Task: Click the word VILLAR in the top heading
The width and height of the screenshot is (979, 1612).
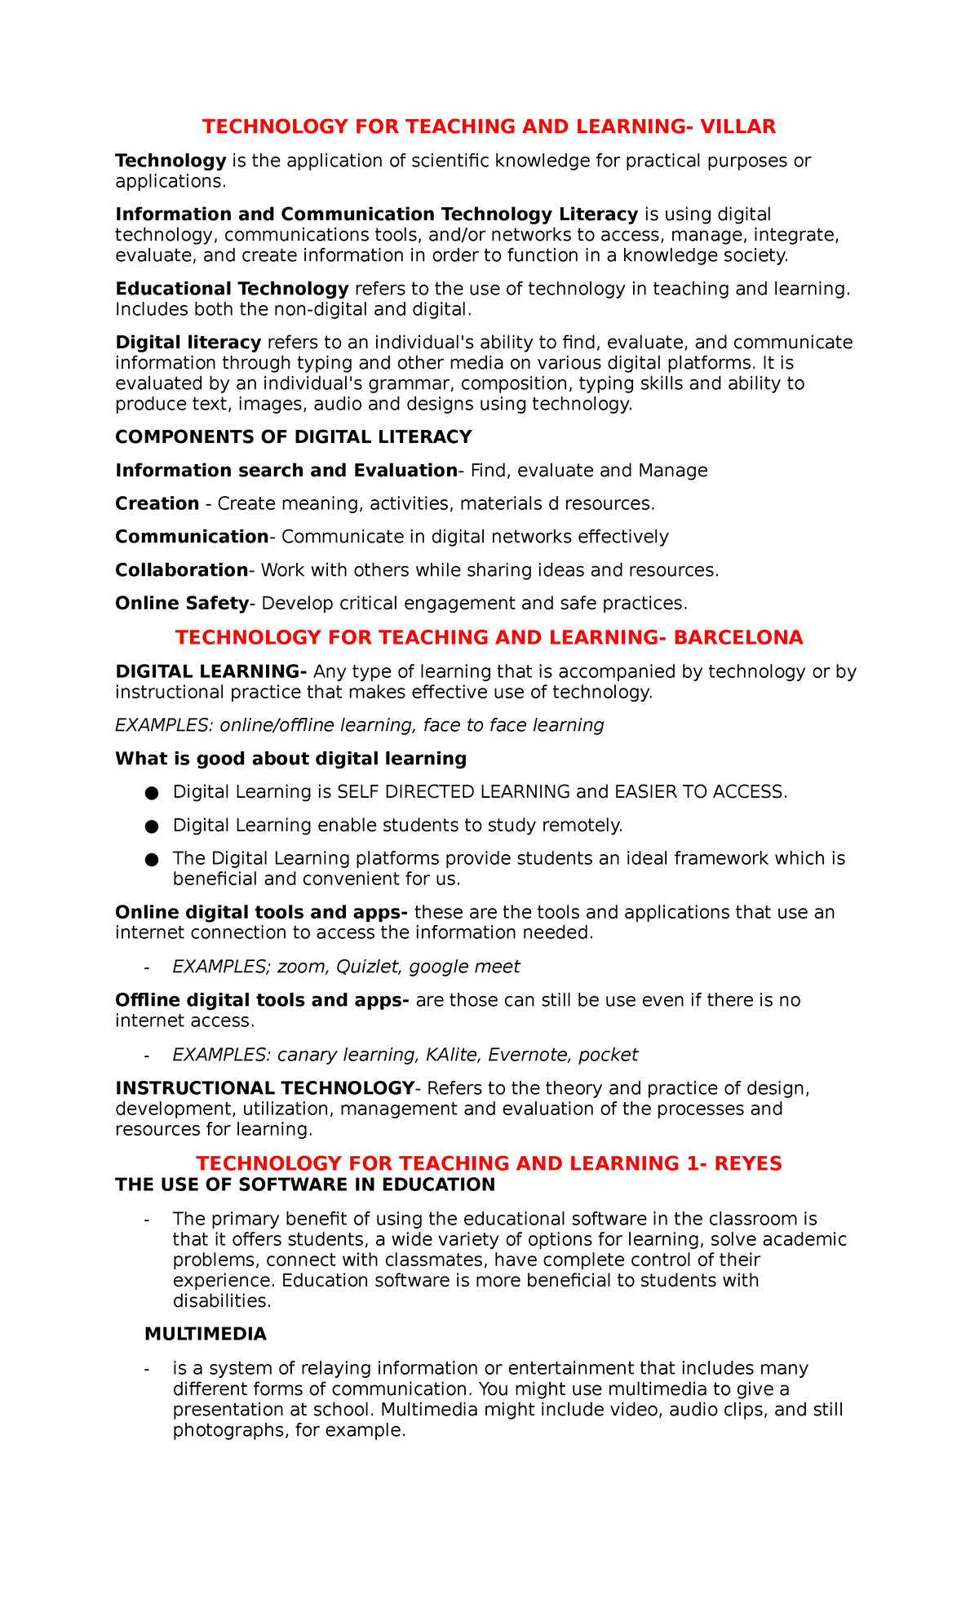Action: tap(738, 126)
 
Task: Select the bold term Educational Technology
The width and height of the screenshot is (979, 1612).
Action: tap(232, 289)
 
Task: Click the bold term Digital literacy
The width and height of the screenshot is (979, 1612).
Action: tap(188, 343)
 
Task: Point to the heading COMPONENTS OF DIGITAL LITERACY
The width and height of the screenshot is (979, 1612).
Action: tap(293, 437)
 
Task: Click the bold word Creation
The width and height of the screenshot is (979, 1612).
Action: tap(157, 504)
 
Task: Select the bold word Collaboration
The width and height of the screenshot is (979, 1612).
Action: tap(181, 570)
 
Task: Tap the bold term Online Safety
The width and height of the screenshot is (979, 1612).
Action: tap(181, 604)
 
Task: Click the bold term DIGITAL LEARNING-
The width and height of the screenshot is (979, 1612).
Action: tap(210, 672)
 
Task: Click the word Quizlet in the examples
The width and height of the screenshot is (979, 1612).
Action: tap(369, 968)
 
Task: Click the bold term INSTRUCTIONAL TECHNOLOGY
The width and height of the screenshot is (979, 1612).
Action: tap(264, 1089)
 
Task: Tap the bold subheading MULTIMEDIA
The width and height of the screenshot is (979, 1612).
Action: tap(205, 1335)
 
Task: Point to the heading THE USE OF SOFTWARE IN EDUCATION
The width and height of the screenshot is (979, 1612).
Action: tap(305, 1185)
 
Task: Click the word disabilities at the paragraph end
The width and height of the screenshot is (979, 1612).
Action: tap(220, 1301)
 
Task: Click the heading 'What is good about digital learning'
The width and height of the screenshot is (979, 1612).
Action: tap(290, 759)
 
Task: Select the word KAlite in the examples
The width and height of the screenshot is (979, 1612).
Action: tap(452, 1056)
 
